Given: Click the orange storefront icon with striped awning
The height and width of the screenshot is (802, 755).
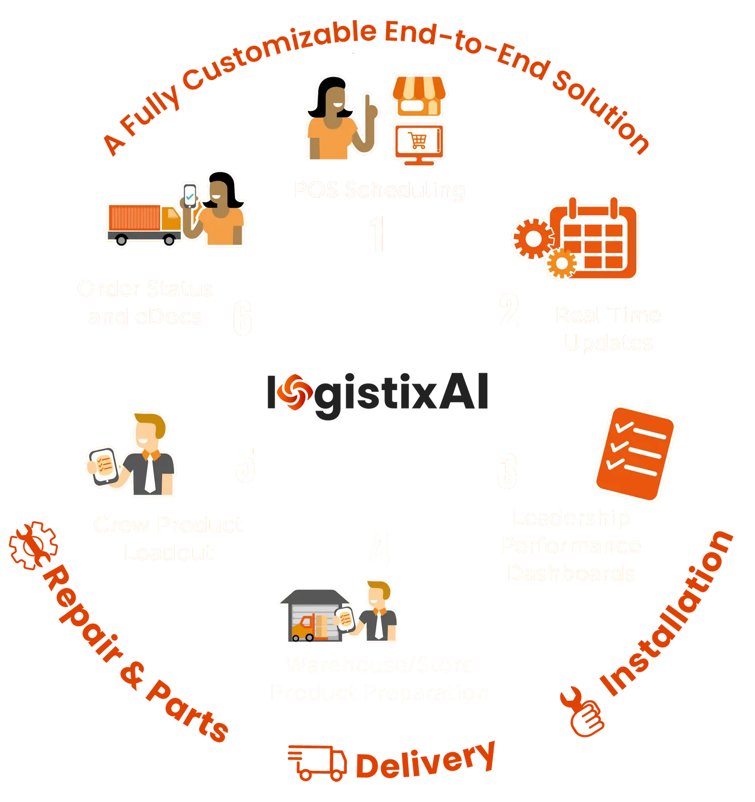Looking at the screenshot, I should [419, 96].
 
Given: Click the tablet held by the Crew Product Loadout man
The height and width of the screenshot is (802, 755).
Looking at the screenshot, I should [103, 465].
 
